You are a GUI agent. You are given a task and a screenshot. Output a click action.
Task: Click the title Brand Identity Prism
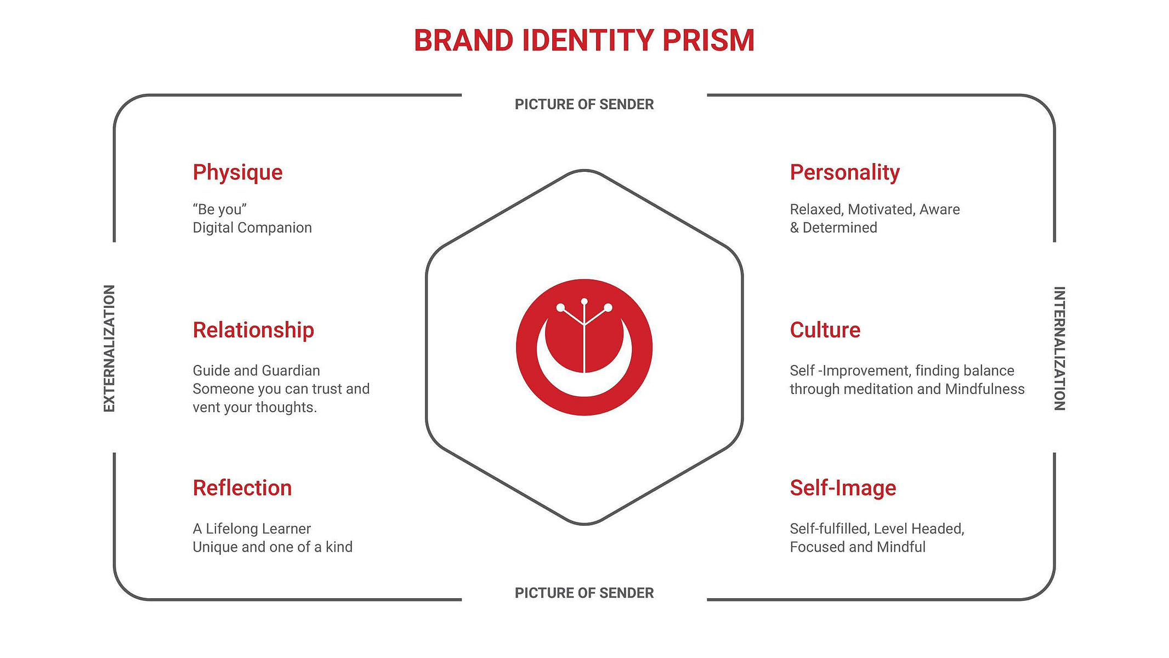[584, 41]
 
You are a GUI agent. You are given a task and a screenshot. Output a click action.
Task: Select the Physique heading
[237, 173]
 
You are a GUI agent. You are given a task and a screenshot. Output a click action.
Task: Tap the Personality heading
[844, 173]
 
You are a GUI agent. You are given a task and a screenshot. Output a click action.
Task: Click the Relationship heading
[253, 330]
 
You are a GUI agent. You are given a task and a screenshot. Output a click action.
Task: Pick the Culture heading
[825, 330]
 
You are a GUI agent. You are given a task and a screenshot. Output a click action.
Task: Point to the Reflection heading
[242, 488]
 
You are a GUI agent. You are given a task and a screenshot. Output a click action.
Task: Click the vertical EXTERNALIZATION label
[110, 348]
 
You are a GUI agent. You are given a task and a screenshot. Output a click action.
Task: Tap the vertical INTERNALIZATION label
[1059, 348]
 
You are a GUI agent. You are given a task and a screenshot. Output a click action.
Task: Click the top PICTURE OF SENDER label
[584, 104]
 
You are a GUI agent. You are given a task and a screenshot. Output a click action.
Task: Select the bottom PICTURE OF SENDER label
[584, 593]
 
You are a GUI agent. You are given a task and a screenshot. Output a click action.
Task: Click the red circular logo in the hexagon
[584, 347]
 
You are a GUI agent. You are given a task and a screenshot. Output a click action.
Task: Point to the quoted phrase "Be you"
[219, 209]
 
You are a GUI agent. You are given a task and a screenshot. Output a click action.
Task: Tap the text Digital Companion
[252, 228]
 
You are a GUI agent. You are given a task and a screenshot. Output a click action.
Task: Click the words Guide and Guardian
[256, 370]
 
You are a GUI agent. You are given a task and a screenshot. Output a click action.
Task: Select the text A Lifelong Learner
[252, 529]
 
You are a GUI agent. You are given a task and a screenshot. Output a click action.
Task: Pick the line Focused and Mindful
[858, 547]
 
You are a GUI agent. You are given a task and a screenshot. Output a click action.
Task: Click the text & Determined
[833, 228]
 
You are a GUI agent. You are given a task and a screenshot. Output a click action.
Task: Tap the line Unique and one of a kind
[273, 547]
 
